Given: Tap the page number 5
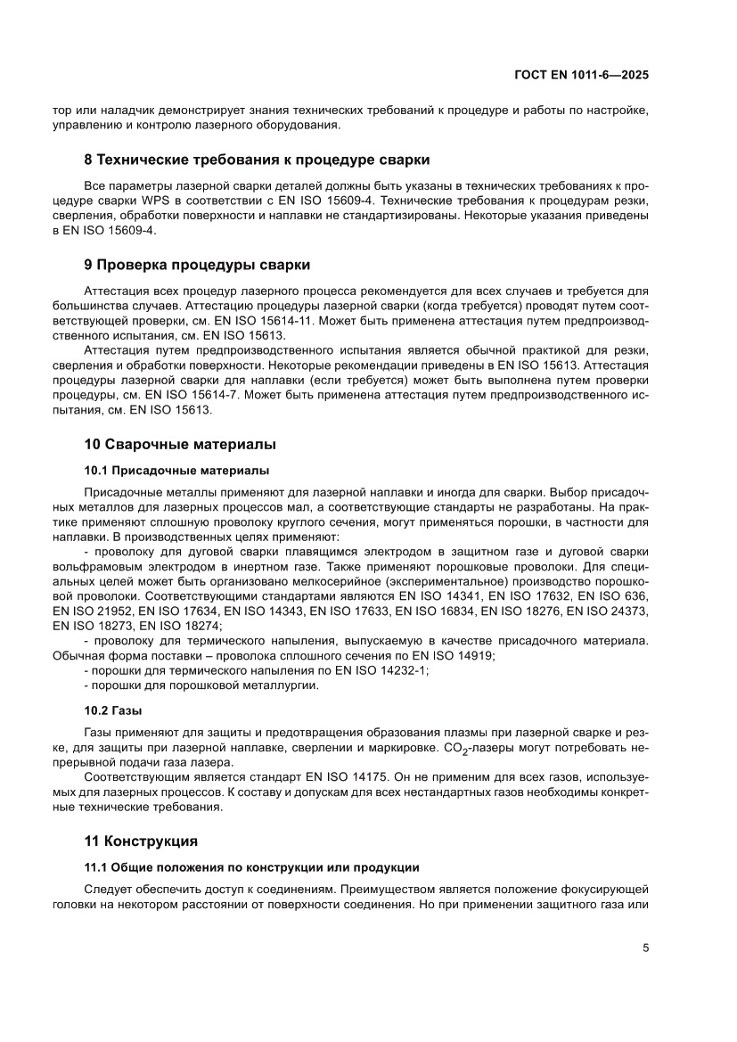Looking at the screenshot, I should pos(645,948).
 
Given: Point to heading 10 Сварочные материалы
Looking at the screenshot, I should pos(180,444).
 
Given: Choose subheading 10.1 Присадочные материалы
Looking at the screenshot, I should pos(176,470).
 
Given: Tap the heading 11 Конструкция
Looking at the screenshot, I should pos(141,841).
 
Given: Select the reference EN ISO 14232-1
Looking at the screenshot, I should pos(378,670).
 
